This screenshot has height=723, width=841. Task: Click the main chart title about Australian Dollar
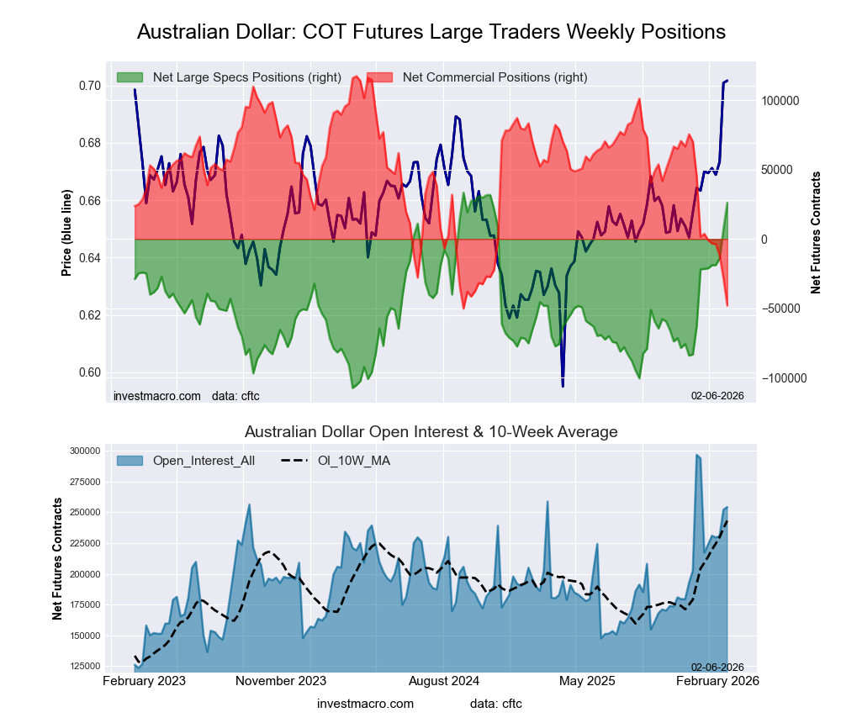coord(431,32)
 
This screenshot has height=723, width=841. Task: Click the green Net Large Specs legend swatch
coord(130,77)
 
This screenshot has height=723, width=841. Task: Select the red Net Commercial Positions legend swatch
coord(380,77)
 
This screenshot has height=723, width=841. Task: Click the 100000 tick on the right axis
coord(780,100)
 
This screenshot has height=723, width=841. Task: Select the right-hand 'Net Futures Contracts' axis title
coord(815,233)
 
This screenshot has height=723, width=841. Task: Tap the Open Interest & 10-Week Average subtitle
coord(431,432)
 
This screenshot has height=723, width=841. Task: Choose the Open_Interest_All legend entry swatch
coord(130,461)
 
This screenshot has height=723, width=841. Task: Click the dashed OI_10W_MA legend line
coord(290,461)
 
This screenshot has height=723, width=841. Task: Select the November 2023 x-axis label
coord(281,680)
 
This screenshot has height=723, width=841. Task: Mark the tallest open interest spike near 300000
coord(697,455)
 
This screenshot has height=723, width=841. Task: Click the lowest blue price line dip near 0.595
coord(563,386)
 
